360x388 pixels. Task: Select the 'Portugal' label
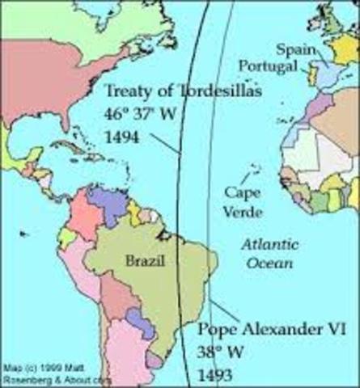(268, 66)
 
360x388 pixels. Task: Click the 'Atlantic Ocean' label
(270, 253)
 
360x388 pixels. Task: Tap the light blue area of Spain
(320, 75)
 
